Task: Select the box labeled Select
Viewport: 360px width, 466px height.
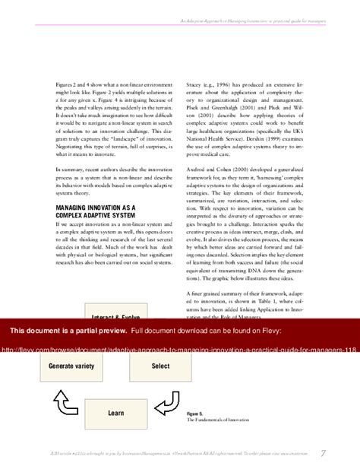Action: coord(160,366)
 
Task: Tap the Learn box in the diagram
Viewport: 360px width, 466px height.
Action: coord(116,413)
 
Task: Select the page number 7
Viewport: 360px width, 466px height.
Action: coord(324,453)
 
